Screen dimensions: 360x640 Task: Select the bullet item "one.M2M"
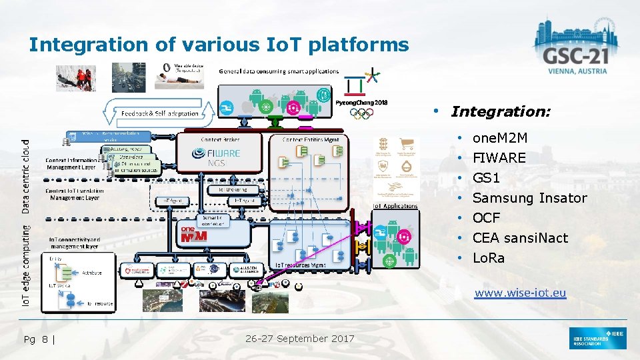coord(499,138)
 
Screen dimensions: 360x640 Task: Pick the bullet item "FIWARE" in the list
coord(499,158)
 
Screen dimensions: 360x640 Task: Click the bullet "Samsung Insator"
coord(529,198)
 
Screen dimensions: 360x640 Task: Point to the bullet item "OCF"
coord(486,218)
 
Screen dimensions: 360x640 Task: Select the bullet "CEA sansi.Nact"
coord(520,238)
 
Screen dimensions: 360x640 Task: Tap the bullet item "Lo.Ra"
coord(488,258)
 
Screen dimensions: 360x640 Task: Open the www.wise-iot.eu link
coord(520,293)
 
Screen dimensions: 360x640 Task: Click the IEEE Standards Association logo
coord(598,339)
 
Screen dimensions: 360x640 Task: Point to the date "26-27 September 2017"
coord(300,339)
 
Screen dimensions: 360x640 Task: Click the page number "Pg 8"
coord(39,339)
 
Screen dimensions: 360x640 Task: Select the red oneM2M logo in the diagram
coord(194,235)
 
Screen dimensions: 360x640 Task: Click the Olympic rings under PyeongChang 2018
coord(362,113)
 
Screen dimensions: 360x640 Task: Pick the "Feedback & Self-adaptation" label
coord(160,113)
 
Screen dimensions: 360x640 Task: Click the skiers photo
coord(75,78)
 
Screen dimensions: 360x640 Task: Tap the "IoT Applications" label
coord(395,206)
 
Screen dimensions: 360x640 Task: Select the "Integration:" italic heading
coord(501,111)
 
